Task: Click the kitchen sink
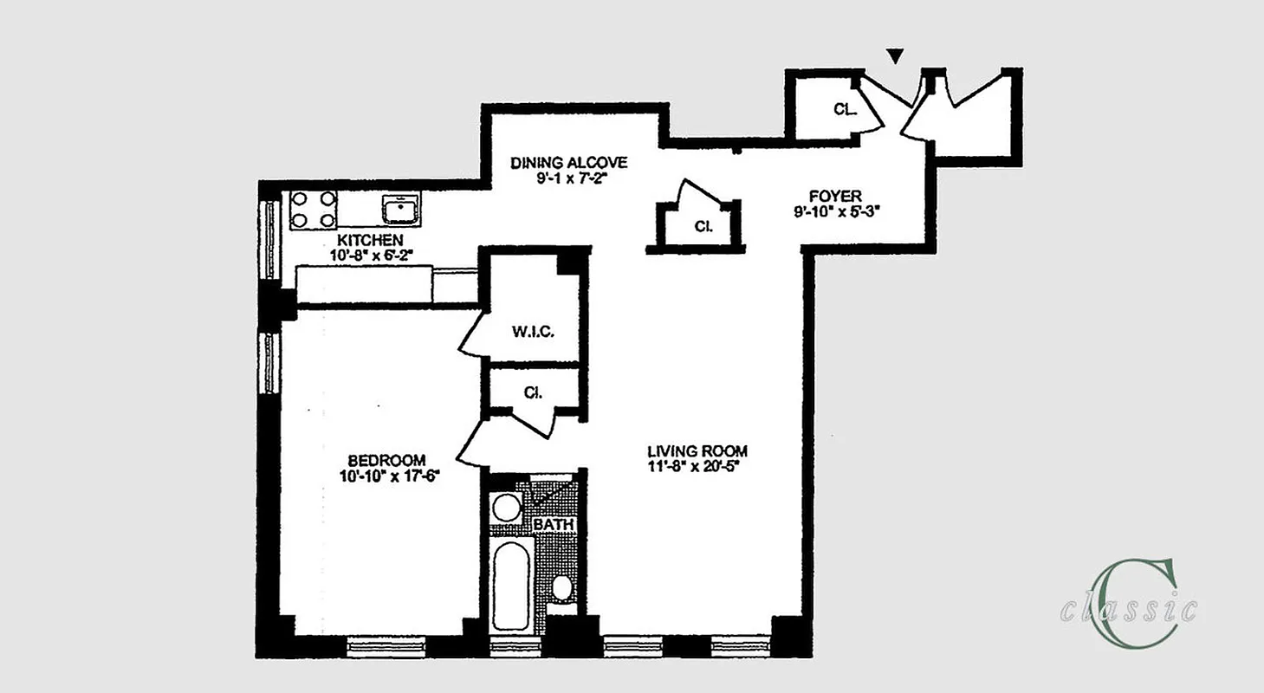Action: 401,208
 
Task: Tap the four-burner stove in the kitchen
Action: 313,209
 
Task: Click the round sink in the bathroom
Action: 506,508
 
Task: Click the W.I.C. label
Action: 533,332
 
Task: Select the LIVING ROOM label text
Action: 697,451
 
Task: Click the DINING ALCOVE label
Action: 568,163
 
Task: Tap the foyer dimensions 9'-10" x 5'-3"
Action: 835,212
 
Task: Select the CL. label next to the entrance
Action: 845,109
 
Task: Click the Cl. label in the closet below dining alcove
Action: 703,227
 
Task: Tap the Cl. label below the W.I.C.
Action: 533,392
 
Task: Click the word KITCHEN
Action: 370,239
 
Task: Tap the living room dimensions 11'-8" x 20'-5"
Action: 697,468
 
